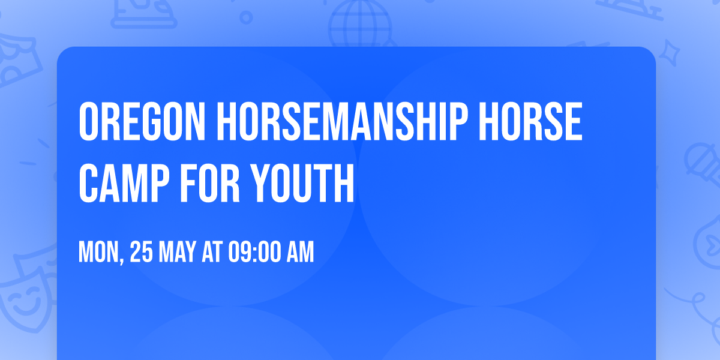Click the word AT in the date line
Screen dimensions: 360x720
(x=212, y=253)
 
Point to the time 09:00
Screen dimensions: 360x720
(x=254, y=253)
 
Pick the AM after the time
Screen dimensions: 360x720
(x=300, y=253)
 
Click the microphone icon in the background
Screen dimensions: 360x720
(x=699, y=159)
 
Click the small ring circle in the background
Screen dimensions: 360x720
(x=246, y=17)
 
